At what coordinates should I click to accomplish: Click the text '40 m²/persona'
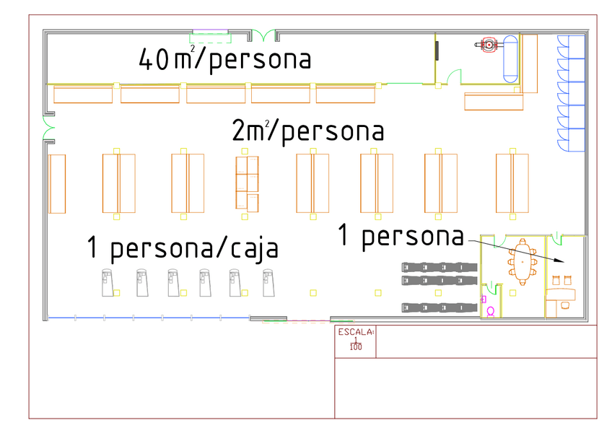coord(224,59)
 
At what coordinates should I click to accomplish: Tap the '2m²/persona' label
coord(307,131)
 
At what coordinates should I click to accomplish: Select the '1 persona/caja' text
coord(183,248)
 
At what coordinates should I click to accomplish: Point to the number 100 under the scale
coord(355,347)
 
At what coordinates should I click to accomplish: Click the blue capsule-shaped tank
coord(511,58)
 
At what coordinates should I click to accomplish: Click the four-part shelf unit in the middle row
coord(247,183)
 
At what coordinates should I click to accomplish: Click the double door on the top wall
coord(266,34)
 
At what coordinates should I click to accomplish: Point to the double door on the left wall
coord(48,131)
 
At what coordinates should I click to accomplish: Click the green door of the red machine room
coord(454,75)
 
